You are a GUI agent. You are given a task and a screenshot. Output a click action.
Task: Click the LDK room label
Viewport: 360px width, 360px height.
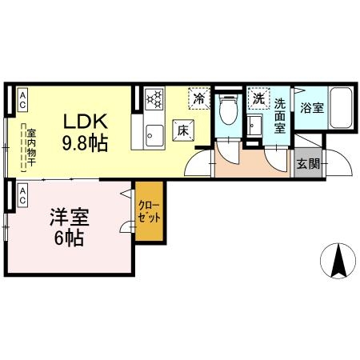coord(86,122)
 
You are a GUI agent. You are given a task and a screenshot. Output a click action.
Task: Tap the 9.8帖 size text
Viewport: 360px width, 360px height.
coord(85,143)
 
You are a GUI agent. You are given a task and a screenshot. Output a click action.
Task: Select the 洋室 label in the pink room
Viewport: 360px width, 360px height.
coord(70,217)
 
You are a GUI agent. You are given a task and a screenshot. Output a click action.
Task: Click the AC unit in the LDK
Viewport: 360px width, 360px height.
coord(22,100)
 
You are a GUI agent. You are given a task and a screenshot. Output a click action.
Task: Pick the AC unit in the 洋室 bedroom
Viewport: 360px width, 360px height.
coord(22,196)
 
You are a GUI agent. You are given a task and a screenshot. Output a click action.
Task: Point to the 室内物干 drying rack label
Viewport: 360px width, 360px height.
coord(31,147)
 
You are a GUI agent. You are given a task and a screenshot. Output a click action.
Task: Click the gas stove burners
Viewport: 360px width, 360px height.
coord(154,98)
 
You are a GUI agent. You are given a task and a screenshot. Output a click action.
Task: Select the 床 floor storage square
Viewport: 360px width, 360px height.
coord(183,130)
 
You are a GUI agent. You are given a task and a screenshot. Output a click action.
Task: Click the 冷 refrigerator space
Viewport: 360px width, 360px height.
coord(199,98)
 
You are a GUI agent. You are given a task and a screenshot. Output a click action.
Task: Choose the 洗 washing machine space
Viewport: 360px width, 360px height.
coord(258,98)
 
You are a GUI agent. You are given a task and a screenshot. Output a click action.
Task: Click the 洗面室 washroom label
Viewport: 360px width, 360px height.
coord(280,115)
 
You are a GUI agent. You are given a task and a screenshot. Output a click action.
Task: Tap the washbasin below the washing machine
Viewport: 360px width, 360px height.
coord(254,126)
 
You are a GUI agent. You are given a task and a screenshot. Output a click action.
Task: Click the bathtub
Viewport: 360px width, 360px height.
coord(341,108)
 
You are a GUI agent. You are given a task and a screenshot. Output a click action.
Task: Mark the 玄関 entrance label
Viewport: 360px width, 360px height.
coord(308,163)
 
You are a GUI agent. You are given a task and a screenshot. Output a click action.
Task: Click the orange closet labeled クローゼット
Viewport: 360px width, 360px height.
coord(149,211)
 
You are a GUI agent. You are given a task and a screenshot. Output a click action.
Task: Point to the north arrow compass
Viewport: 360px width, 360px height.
coord(338,261)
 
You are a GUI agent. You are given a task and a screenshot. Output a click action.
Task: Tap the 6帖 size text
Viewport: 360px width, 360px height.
coord(70,238)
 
